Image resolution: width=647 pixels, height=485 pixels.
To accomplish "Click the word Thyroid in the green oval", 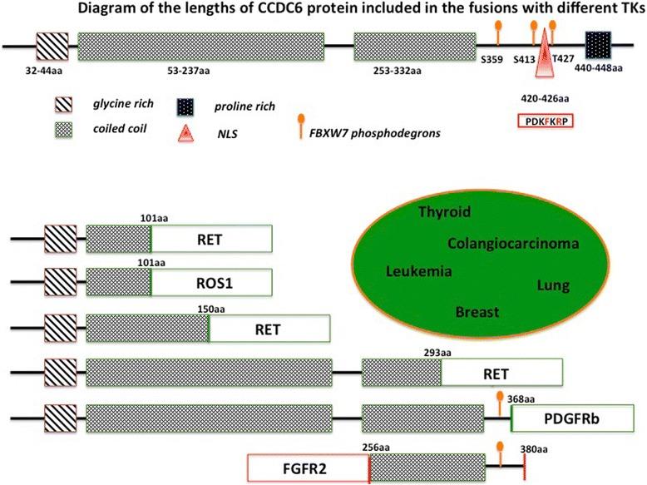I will click(x=445, y=211).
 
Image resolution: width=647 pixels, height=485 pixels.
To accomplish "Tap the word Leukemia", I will click(x=419, y=271).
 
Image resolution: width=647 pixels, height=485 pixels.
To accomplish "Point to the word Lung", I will click(x=553, y=285).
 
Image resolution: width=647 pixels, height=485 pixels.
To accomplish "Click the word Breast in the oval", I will click(x=477, y=313).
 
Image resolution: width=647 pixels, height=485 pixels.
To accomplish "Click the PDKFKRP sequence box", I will click(x=546, y=121).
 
